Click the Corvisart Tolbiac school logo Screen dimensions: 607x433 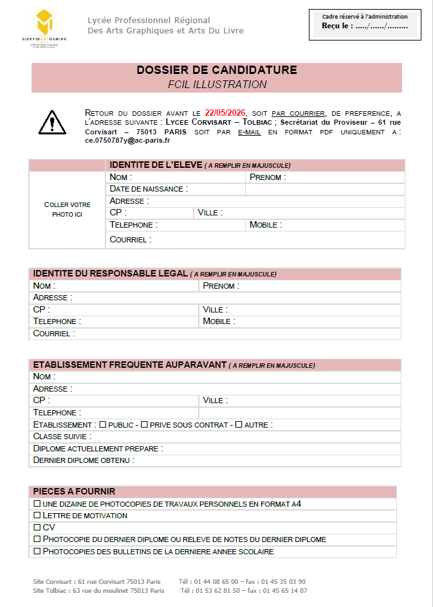[44, 26]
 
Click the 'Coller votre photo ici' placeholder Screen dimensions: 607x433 [67, 210]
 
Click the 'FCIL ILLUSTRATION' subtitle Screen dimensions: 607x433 [217, 84]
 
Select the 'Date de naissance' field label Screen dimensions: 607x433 [149, 189]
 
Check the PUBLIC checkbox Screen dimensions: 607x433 [102, 424]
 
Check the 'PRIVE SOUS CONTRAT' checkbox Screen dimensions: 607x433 [144, 424]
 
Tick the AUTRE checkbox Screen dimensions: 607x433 [238, 424]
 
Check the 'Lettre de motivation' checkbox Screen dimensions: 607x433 [37, 516]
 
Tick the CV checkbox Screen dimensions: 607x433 [37, 527]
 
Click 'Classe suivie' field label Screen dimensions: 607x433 [63, 437]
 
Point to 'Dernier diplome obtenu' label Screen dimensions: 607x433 [84, 460]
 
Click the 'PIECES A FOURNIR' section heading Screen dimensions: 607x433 [74, 491]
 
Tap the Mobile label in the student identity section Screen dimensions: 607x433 [265, 225]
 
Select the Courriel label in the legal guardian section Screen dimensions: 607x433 [54, 334]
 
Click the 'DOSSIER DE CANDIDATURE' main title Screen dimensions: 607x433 [217, 70]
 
